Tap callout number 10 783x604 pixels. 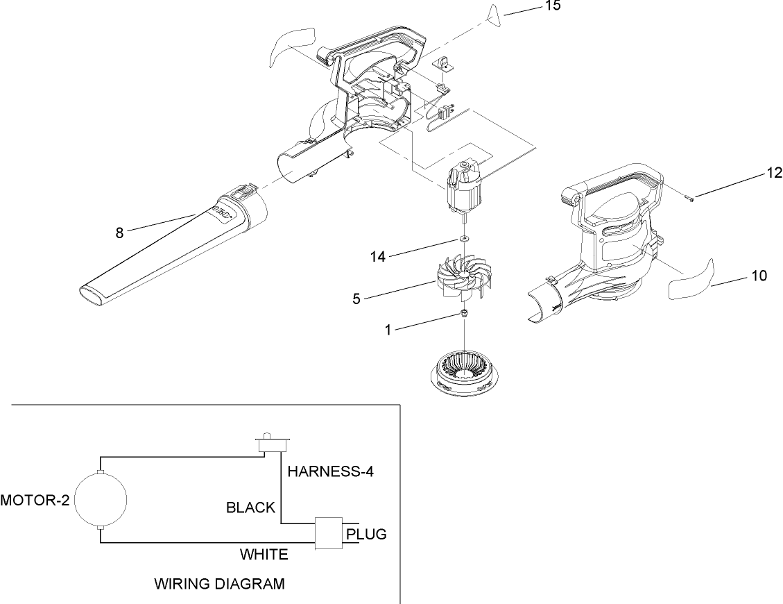click(x=759, y=276)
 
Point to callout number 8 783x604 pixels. click(x=120, y=233)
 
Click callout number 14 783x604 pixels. click(x=377, y=256)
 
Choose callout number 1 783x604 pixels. click(x=389, y=331)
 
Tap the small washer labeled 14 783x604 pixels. click(x=463, y=240)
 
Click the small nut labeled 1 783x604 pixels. click(x=463, y=314)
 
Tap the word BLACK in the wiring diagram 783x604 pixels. click(x=250, y=507)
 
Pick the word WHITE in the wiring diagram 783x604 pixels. click(x=264, y=555)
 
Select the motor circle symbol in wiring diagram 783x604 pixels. click(x=101, y=500)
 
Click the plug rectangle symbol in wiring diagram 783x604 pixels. click(x=329, y=533)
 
